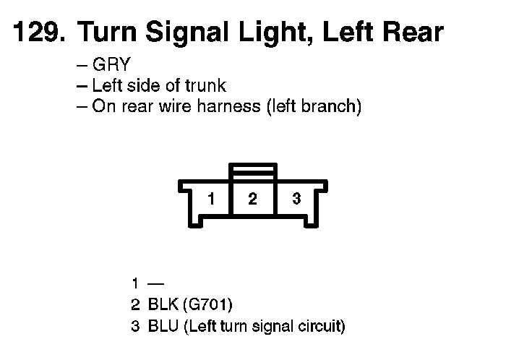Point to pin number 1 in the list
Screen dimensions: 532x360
(x=135, y=283)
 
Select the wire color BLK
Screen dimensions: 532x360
(x=161, y=305)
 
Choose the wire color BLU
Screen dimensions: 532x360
(x=162, y=327)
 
